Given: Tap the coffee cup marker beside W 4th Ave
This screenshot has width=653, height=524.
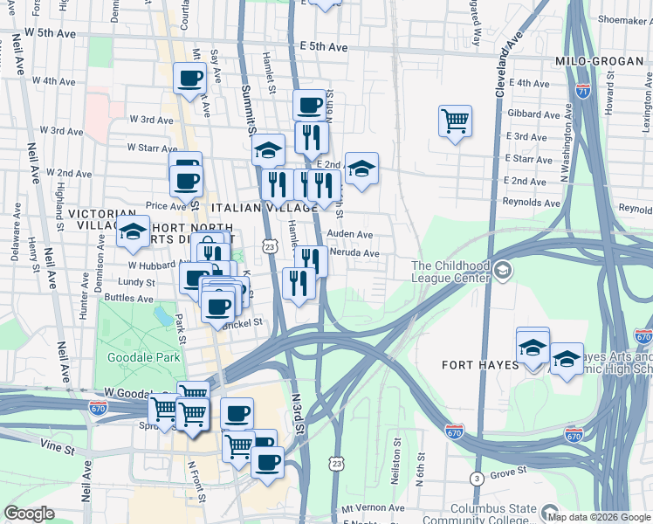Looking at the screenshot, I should pyautogui.click(x=189, y=79).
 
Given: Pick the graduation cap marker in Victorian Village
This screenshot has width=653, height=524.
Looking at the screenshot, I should pyautogui.click(x=133, y=231).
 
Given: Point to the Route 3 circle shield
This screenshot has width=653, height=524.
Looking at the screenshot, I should pyautogui.click(x=476, y=479).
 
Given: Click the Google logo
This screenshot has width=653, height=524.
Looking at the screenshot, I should pyautogui.click(x=29, y=514).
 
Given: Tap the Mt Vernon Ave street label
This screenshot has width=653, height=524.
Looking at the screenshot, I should pyautogui.click(x=373, y=507).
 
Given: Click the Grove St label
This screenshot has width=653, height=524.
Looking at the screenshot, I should pyautogui.click(x=508, y=472).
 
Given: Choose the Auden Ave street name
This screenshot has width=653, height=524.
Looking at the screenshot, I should pyautogui.click(x=350, y=234).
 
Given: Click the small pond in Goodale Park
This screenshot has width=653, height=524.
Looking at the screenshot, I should pyautogui.click(x=162, y=314).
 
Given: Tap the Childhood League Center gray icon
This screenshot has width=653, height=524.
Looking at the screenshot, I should pyautogui.click(x=502, y=272).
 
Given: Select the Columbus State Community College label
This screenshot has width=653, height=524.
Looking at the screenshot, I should pyautogui.click(x=494, y=514).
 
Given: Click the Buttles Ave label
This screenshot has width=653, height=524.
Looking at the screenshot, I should pyautogui.click(x=123, y=298).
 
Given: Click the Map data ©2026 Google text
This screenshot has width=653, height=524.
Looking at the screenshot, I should pyautogui.click(x=598, y=515).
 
